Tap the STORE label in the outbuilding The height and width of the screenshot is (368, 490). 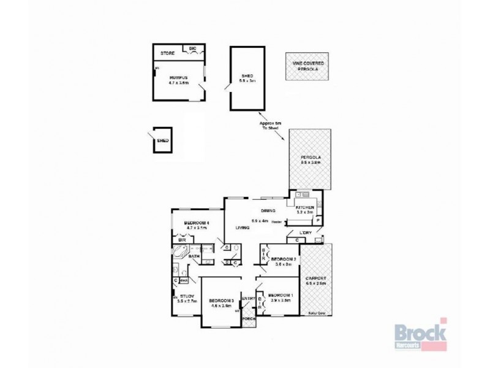pyautogui.click(x=167, y=53)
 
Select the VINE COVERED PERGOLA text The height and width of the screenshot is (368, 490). pyautogui.click(x=305, y=66)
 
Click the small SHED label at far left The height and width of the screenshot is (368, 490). pyautogui.click(x=162, y=140)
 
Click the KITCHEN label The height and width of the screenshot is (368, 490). pyautogui.click(x=305, y=208)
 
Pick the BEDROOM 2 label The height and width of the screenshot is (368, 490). pyautogui.click(x=284, y=259)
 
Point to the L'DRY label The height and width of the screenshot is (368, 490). pyautogui.click(x=306, y=232)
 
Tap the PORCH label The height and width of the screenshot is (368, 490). pyautogui.click(x=249, y=319)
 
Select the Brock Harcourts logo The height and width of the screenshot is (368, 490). pyautogui.click(x=420, y=335)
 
